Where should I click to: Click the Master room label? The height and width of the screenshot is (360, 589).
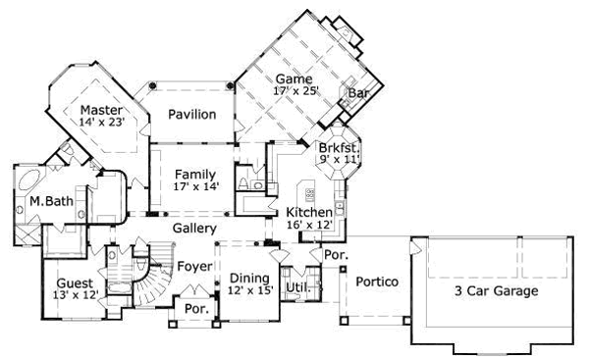point(101,110)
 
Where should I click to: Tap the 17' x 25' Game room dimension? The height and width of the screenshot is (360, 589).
point(296,91)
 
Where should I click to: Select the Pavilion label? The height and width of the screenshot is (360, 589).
point(192,114)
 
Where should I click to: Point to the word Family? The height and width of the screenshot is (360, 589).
point(195,175)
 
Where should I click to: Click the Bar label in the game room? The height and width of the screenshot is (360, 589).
point(358,93)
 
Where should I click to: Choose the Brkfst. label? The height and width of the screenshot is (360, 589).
point(340,148)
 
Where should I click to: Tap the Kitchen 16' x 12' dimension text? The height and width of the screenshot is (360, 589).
point(309,225)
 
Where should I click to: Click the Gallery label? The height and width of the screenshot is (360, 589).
point(194,228)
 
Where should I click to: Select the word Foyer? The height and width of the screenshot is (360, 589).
point(194,266)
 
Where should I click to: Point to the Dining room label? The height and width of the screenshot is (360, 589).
point(249,279)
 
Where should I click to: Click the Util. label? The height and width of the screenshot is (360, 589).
point(298,287)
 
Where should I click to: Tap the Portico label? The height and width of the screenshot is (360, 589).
point(377,282)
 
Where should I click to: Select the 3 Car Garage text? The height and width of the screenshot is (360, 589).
point(496,290)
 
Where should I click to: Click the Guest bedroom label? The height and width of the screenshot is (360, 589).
point(75,283)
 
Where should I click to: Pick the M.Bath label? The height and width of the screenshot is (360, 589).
point(51,201)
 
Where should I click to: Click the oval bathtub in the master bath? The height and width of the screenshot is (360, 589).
point(28,180)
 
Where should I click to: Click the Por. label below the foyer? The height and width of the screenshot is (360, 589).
point(197,309)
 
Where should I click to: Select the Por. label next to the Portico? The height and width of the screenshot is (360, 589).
point(336,255)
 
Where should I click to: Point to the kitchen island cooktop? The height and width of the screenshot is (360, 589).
point(310,195)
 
